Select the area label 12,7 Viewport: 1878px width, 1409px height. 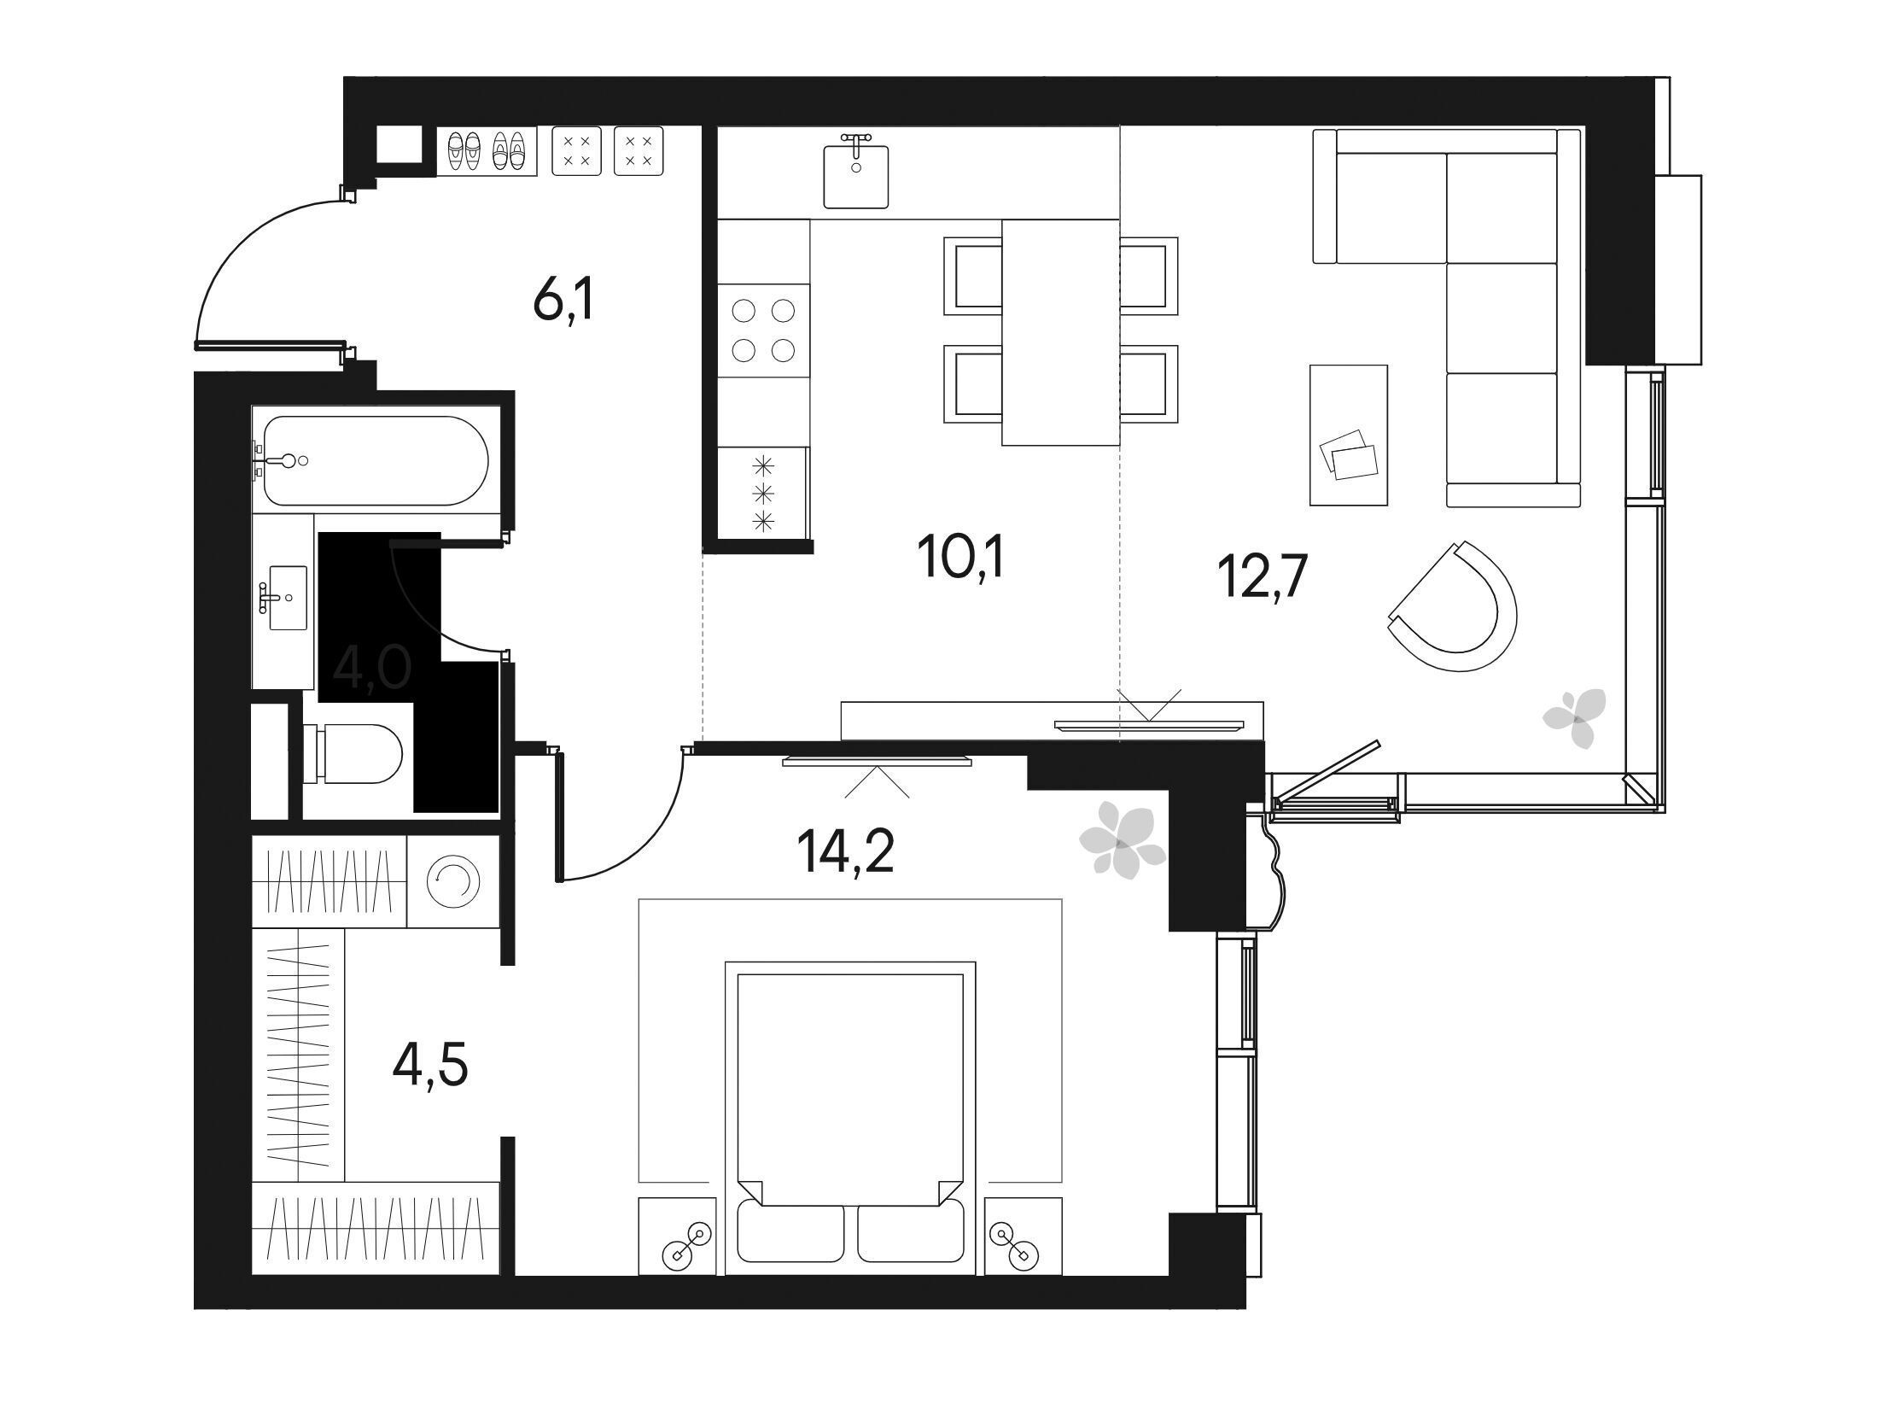tap(1260, 577)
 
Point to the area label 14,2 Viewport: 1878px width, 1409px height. tap(846, 852)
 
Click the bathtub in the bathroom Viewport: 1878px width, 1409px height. tap(376, 460)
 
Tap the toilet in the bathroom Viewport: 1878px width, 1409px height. tap(353, 753)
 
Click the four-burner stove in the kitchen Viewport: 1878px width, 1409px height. tap(764, 330)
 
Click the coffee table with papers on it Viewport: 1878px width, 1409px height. tap(1348, 436)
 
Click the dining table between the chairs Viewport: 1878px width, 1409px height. tap(1060, 332)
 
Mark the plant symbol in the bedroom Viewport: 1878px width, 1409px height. tap(1122, 839)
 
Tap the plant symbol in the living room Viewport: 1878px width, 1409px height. tap(1574, 718)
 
